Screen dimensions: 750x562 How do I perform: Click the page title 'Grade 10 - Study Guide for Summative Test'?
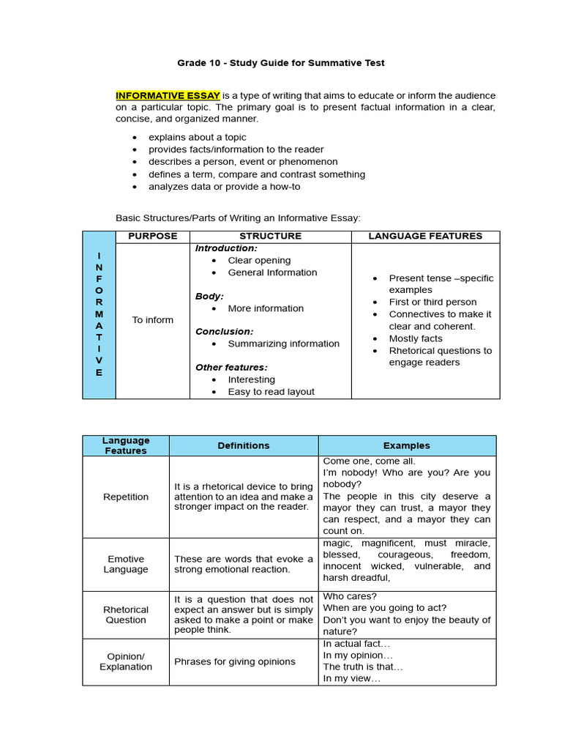click(x=280, y=63)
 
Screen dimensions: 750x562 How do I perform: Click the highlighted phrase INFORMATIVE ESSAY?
click(x=168, y=95)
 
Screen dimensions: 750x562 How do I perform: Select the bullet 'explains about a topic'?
click(x=197, y=137)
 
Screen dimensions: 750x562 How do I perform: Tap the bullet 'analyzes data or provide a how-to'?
click(x=224, y=186)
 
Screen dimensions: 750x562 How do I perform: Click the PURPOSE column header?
click(x=152, y=236)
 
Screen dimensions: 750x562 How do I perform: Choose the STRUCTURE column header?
click(x=270, y=236)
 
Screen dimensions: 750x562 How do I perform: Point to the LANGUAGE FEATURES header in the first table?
click(x=425, y=236)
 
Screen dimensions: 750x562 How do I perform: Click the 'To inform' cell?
click(x=152, y=320)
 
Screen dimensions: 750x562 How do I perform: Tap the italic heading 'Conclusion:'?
click(x=224, y=331)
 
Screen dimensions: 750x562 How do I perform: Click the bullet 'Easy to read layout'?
click(x=271, y=391)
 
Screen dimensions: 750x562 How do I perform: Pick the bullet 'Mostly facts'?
click(x=415, y=338)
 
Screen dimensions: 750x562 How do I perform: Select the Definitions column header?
click(x=243, y=445)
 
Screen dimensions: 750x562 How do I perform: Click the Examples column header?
click(x=406, y=445)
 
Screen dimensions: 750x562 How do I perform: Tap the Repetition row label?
click(x=126, y=497)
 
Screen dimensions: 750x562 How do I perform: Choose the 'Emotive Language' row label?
click(x=126, y=564)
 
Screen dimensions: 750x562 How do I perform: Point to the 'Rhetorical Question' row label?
click(x=126, y=615)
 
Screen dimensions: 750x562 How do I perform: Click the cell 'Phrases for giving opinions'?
click(x=234, y=661)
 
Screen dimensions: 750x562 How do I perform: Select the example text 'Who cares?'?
click(x=350, y=596)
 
